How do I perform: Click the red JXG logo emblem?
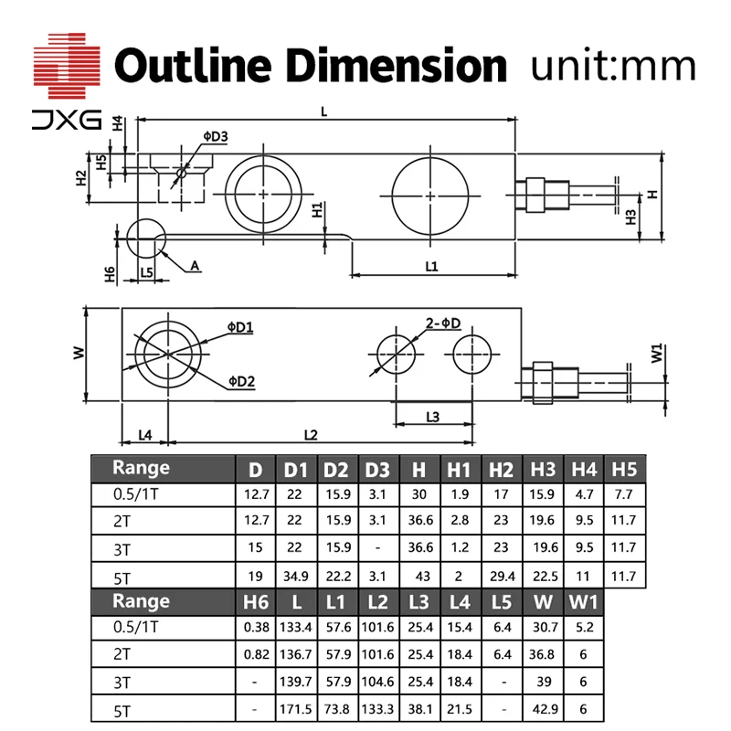67,65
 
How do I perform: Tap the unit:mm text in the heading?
613,66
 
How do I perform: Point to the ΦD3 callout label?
216,136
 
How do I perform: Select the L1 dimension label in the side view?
431,266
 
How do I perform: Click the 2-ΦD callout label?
443,323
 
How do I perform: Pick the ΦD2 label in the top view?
241,381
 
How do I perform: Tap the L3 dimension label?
432,417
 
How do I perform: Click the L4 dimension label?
145,435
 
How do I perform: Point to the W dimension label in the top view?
79,353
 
